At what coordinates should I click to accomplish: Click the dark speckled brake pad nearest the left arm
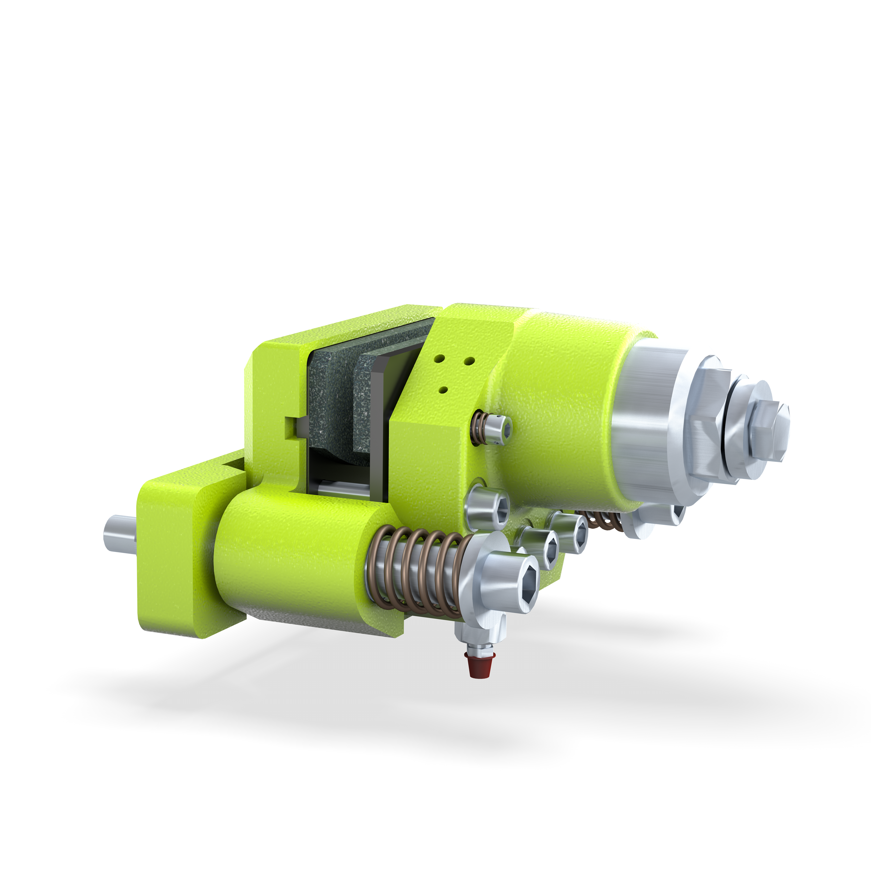click(329, 397)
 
